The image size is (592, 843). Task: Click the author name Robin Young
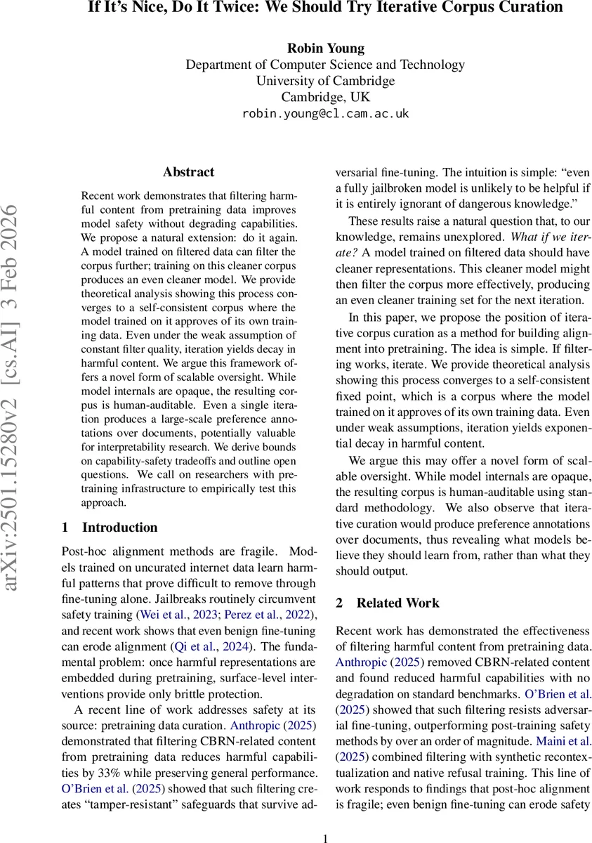(x=325, y=48)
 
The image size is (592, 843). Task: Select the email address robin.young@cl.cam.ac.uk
(x=325, y=113)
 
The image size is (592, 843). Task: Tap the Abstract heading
(x=188, y=171)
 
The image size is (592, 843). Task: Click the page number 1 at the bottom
(x=325, y=837)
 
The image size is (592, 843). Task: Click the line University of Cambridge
(x=325, y=81)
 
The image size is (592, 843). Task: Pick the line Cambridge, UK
(x=325, y=97)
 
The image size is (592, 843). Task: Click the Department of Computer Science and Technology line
(x=325, y=65)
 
